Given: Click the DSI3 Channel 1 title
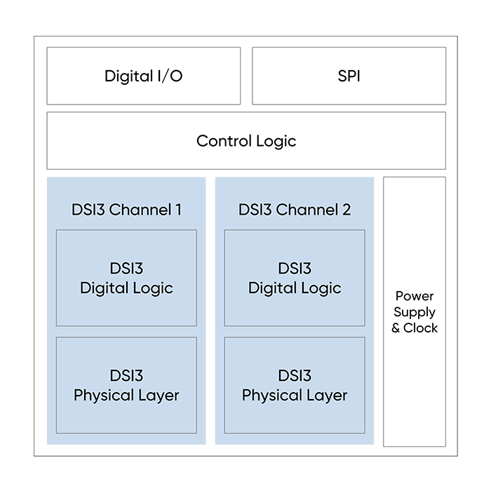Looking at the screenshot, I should pos(126,210).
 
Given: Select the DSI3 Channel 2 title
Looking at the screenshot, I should pos(295,210).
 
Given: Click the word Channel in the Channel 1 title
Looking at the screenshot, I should pos(138,210).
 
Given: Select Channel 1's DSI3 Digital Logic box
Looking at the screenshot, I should pos(126,278).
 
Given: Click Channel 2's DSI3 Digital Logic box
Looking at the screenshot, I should pos(295,278).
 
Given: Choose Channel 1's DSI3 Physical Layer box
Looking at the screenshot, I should pos(126,385).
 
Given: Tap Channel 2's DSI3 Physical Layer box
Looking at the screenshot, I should pos(295,385).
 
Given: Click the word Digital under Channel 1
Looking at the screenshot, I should pos(104,288).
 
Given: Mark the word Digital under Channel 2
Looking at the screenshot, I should pos(272,288).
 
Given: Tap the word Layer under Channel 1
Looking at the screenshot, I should pos(156,396).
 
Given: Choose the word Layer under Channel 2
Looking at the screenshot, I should pos(325,396).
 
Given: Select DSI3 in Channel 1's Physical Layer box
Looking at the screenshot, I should pos(126,376).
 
